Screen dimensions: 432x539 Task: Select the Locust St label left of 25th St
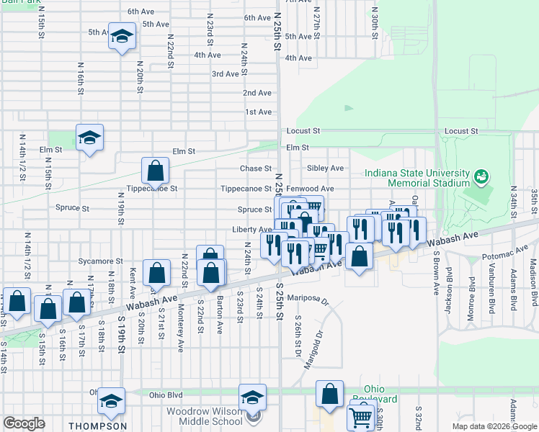[303, 131]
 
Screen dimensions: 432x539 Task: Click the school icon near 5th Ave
[122, 35]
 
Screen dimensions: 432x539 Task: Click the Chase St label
[255, 168]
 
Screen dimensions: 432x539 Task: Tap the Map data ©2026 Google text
[494, 426]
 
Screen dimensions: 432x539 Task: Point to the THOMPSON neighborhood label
[98, 426]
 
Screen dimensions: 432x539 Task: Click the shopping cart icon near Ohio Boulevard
[360, 415]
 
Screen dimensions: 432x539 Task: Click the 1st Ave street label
[258, 112]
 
